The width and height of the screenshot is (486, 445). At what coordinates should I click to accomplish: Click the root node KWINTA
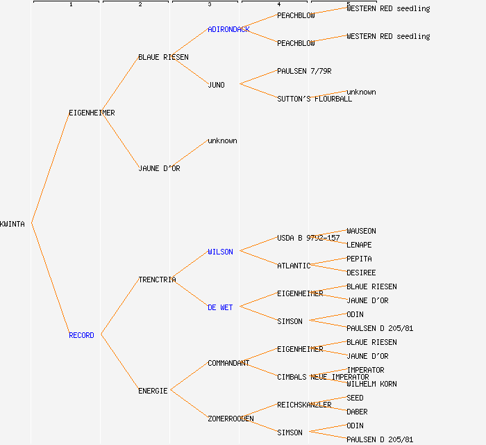(12, 224)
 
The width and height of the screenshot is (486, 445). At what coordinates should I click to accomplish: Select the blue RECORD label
(81, 335)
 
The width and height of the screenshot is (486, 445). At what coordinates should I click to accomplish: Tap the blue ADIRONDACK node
(228, 29)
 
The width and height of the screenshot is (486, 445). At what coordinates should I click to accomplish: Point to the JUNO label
(216, 85)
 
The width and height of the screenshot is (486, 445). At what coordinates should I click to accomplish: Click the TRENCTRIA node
(157, 280)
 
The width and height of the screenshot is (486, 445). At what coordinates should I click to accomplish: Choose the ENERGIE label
(153, 391)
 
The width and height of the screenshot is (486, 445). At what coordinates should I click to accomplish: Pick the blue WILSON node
(220, 252)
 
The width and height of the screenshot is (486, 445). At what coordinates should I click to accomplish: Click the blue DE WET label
(220, 307)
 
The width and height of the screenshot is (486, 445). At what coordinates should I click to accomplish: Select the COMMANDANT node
(228, 363)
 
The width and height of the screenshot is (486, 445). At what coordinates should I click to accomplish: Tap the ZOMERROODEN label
(231, 419)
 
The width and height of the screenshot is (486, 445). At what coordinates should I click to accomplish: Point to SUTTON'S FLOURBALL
(315, 99)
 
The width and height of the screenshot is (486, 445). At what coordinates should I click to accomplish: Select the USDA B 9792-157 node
(308, 238)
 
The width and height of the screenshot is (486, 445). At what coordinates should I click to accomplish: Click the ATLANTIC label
(294, 266)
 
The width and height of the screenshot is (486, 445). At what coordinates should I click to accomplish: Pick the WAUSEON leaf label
(361, 231)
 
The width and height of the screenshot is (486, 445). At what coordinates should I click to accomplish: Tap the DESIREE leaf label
(361, 273)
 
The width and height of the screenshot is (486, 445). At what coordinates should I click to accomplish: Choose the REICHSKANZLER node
(304, 405)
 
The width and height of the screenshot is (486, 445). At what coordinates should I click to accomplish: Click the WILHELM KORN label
(371, 384)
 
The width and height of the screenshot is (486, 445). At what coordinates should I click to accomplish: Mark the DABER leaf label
(357, 412)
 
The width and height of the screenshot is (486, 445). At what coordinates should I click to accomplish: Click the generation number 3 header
(209, 5)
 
